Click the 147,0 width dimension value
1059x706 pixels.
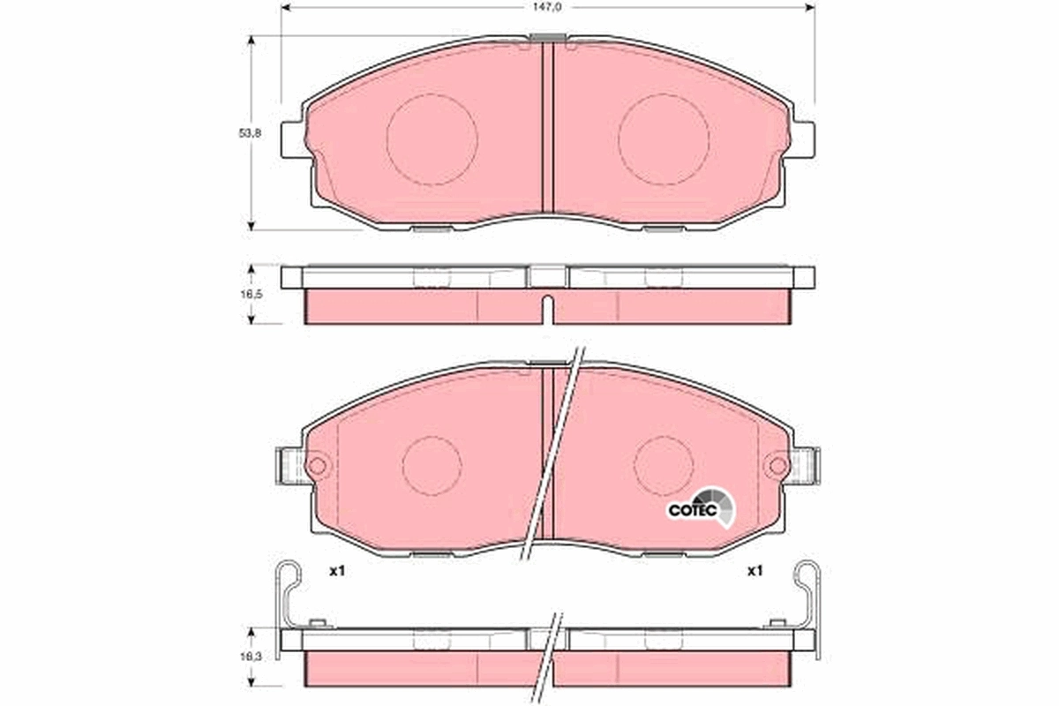pos(547,6)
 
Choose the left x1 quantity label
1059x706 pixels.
pos(335,571)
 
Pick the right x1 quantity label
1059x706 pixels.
pos(754,571)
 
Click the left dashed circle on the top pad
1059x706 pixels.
pos(432,139)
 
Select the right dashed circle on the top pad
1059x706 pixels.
pos(664,139)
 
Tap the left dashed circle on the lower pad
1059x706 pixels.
pos(432,465)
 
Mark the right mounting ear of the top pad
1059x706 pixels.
pos(803,139)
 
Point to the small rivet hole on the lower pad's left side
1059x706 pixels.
pos(317,465)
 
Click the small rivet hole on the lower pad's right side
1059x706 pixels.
pos(778,465)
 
